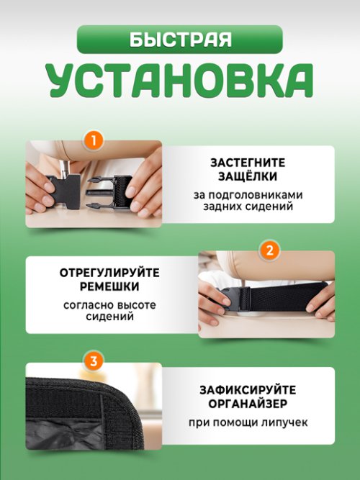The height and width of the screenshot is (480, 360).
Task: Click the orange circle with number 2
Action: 269,250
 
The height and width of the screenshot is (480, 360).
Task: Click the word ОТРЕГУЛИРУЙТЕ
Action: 110,273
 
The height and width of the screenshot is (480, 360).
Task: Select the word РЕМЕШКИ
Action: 110,286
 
